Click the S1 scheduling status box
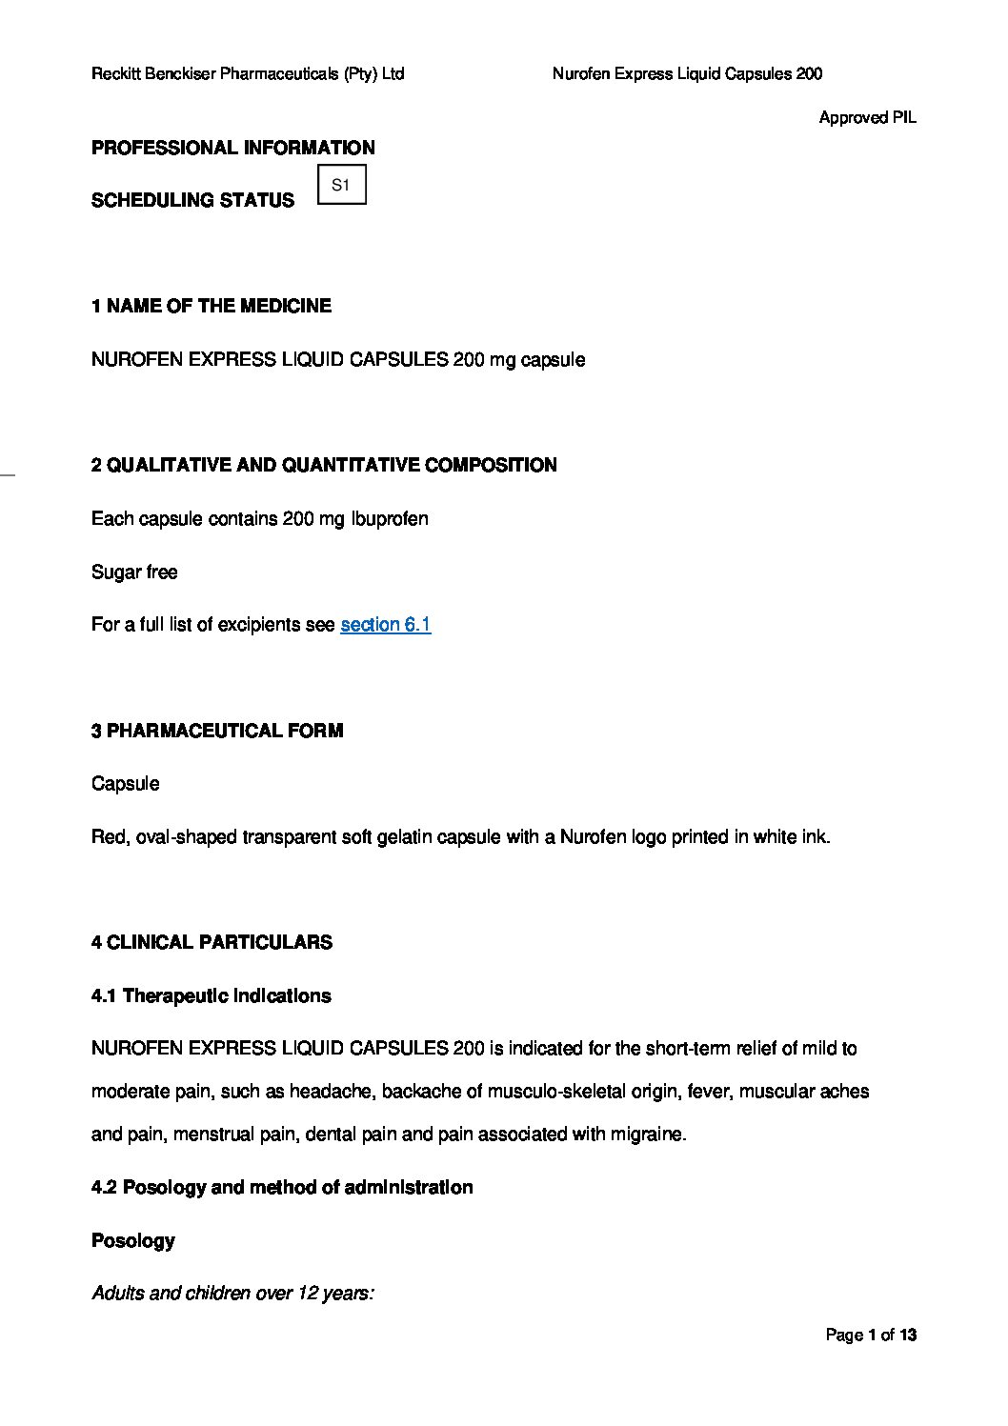click(x=341, y=185)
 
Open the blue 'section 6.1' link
click(x=385, y=625)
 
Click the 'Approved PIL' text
click(x=867, y=118)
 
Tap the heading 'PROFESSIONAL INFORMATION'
click(x=232, y=148)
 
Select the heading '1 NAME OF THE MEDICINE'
click(x=212, y=306)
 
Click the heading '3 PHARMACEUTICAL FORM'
click(x=217, y=731)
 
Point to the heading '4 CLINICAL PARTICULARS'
click(x=212, y=942)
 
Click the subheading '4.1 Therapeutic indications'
click(x=211, y=995)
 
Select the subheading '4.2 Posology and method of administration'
click(x=282, y=1187)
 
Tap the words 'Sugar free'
click(x=134, y=572)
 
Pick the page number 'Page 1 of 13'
click(x=871, y=1335)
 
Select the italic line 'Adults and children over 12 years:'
click(x=232, y=1293)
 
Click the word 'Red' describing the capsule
click(x=109, y=837)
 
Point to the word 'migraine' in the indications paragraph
click(x=650, y=1135)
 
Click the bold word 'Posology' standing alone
click(x=133, y=1240)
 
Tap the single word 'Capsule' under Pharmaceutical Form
click(x=125, y=784)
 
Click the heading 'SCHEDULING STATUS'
click(x=192, y=200)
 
